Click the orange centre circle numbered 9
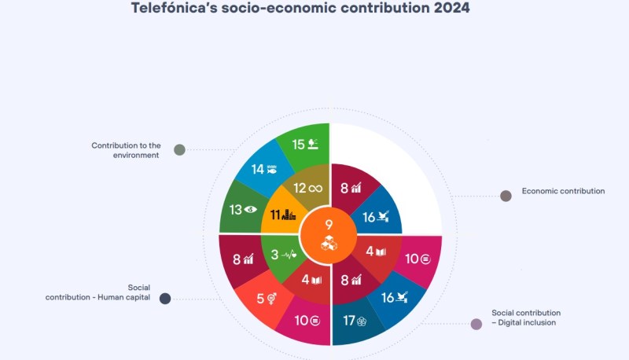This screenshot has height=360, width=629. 329,236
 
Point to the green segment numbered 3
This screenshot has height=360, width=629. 281,255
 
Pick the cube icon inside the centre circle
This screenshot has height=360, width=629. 329,243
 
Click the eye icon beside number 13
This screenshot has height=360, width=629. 250,209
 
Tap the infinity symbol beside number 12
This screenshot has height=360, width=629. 316,188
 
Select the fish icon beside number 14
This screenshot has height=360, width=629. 272,169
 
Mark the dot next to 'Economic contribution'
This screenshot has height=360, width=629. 506,196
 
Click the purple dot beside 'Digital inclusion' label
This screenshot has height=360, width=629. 476,324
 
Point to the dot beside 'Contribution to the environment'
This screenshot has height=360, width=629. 179,150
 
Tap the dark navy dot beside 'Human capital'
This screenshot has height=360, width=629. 165,299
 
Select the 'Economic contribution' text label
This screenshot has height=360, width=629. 563,191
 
